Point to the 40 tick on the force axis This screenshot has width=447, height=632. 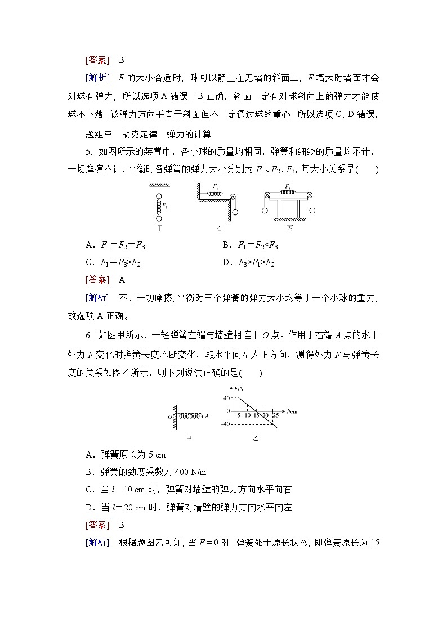pyautogui.click(x=227, y=398)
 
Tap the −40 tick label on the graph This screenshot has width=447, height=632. pyautogui.click(x=225, y=424)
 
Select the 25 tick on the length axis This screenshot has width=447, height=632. pyautogui.click(x=275, y=415)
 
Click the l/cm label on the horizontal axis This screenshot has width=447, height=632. pyautogui.click(x=292, y=411)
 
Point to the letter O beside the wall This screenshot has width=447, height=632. pyautogui.click(x=170, y=416)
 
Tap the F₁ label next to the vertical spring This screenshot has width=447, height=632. pyautogui.click(x=164, y=206)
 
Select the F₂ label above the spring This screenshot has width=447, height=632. pyautogui.click(x=216, y=186)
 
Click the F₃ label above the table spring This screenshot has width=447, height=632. pyautogui.click(x=288, y=186)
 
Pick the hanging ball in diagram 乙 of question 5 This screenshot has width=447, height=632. pyautogui.click(x=235, y=212)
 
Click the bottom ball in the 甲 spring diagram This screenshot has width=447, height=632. pyautogui.click(x=159, y=218)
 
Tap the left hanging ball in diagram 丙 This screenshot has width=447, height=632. pyautogui.click(x=265, y=212)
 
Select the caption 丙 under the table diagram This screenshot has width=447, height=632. pyautogui.click(x=289, y=228)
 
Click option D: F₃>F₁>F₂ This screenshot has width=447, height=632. pyautogui.click(x=248, y=262)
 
